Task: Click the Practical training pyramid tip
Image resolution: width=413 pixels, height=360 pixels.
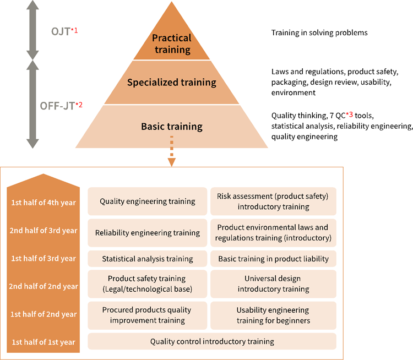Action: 171,43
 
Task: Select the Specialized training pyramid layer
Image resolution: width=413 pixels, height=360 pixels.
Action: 171,83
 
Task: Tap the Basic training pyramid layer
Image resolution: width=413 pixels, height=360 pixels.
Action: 171,127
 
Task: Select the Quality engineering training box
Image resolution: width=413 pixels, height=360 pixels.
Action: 147,201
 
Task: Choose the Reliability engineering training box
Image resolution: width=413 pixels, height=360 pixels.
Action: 147,233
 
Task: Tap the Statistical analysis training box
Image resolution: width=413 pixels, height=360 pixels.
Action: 147,259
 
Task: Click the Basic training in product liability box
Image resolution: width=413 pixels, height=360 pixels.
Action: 273,259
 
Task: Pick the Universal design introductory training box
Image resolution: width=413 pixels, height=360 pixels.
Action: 273,283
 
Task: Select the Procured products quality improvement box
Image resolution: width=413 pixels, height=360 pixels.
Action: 147,315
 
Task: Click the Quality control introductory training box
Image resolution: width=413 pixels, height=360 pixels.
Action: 212,341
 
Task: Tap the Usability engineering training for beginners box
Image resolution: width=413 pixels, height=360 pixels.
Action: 273,315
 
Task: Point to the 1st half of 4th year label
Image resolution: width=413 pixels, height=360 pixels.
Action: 44,202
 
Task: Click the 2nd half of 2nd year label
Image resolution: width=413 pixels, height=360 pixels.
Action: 44,286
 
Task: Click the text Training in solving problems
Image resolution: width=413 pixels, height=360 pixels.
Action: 319,33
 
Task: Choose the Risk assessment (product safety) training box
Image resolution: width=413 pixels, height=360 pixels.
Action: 273,201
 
